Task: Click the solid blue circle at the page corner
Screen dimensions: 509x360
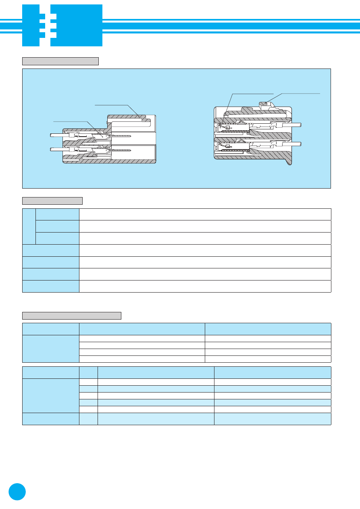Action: pos(17,492)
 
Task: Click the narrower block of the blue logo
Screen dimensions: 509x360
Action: pos(31,25)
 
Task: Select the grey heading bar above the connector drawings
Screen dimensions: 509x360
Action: pos(60,61)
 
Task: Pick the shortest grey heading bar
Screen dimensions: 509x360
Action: pos(52,201)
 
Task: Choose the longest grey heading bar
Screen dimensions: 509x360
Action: pos(72,316)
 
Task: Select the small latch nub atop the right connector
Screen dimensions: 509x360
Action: pos(265,104)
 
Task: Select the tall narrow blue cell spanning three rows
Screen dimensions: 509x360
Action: pos(29,226)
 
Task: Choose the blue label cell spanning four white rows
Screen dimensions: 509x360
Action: pos(51,349)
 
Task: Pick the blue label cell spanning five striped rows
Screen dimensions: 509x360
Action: pos(51,395)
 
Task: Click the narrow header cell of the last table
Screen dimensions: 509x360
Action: pos(89,372)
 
